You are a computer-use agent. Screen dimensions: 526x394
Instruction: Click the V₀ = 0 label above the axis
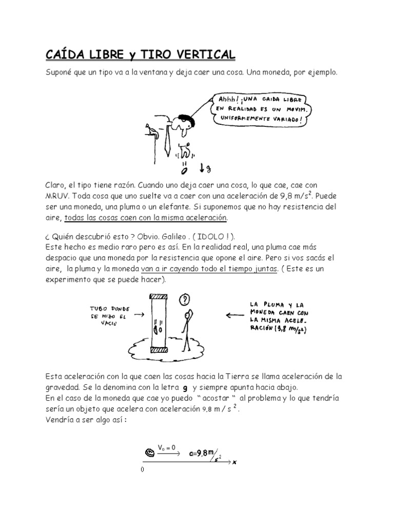point(167,447)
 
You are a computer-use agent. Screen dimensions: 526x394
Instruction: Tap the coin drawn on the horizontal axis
point(150,453)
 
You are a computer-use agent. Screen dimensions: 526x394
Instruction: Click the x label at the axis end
point(234,462)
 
